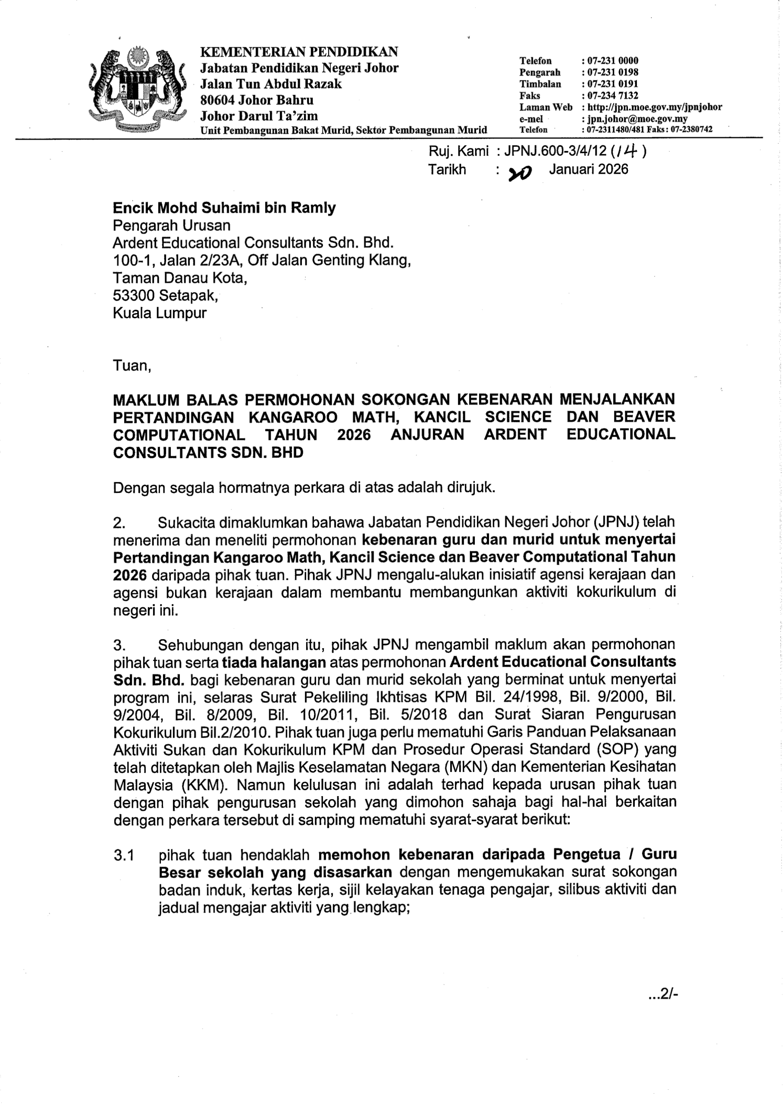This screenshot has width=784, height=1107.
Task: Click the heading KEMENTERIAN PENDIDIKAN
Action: pyautogui.click(x=299, y=51)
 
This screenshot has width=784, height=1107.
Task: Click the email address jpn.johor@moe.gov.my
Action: pyautogui.click(x=637, y=118)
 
